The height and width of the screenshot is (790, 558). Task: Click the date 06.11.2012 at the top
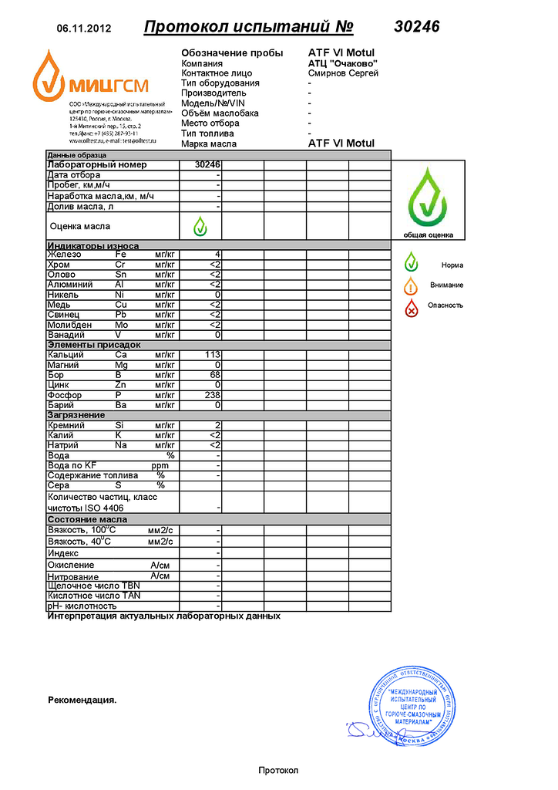(84, 29)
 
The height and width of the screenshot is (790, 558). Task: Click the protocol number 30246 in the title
(416, 27)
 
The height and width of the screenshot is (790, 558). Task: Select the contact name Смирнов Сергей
(342, 73)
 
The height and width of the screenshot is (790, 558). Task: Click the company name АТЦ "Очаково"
(342, 63)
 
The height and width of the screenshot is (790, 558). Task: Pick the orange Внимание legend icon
(412, 285)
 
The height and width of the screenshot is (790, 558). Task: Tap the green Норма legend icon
(412, 264)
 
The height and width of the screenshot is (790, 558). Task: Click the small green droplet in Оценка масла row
(200, 226)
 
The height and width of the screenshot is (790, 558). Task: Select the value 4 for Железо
(218, 255)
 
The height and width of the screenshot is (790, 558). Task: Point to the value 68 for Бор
(216, 375)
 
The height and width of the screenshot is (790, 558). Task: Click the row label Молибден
(70, 325)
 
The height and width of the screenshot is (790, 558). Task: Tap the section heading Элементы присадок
(94, 345)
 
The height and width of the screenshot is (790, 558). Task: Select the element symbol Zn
(121, 385)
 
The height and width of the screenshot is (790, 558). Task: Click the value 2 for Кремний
(218, 425)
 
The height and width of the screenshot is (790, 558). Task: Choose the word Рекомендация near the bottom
(82, 701)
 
